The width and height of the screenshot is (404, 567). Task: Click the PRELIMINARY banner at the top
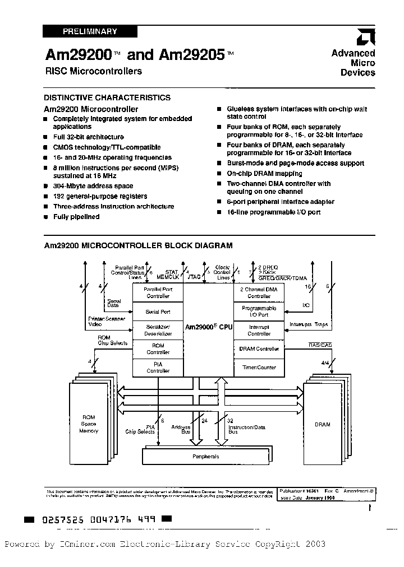[x=82, y=32]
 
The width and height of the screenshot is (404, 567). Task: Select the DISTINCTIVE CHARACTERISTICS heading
[x=107, y=97]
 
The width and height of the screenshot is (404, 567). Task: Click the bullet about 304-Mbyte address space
[x=93, y=186]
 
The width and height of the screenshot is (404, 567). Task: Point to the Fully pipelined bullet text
[x=76, y=217]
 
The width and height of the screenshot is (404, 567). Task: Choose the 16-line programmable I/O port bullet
[x=273, y=212]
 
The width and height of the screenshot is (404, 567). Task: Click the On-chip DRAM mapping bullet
[x=264, y=174]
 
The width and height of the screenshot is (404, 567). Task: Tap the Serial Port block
[x=158, y=312]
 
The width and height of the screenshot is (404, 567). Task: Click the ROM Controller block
[x=158, y=349]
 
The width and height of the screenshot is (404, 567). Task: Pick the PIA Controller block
[x=158, y=368]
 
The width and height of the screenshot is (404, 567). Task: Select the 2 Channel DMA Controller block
[x=259, y=292]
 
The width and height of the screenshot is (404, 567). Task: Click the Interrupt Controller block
[x=259, y=330]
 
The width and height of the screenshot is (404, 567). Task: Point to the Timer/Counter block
[x=259, y=368]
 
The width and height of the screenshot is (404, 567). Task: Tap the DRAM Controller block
[x=259, y=348]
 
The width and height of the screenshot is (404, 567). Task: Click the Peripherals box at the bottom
[x=205, y=456]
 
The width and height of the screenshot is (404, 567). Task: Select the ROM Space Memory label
[x=89, y=424]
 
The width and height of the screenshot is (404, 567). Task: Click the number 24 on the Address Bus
[x=204, y=420]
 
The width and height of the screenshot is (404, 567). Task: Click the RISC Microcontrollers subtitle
[x=93, y=71]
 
